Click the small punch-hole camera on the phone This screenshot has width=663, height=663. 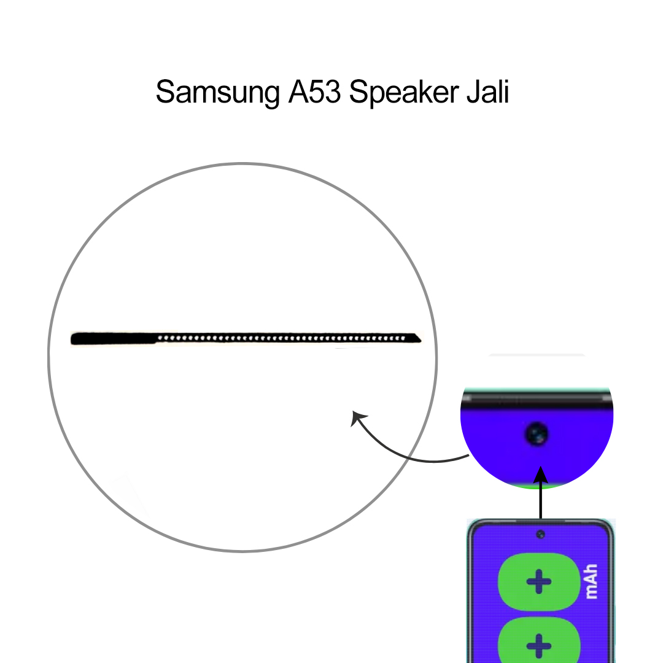coord(540,535)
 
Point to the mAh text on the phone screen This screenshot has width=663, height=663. coord(591,582)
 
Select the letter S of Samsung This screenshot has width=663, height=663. coord(165,93)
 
